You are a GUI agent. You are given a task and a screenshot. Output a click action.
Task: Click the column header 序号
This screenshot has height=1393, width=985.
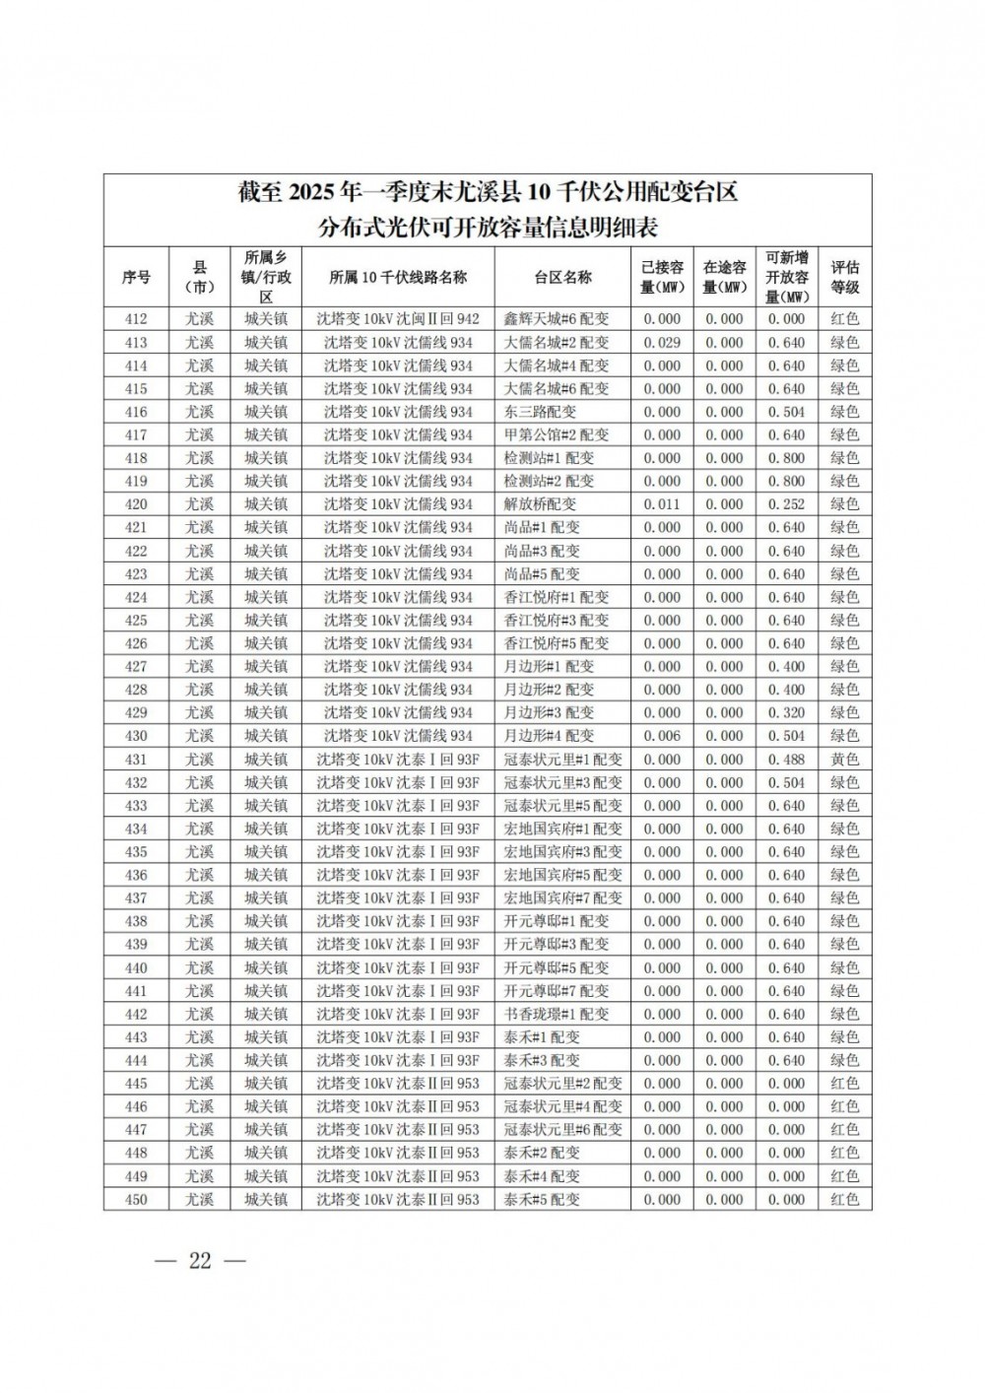click(x=136, y=277)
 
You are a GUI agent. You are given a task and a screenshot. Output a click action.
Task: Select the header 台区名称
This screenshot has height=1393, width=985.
click(x=562, y=277)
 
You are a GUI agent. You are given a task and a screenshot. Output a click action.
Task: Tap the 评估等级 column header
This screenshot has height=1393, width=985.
click(x=844, y=277)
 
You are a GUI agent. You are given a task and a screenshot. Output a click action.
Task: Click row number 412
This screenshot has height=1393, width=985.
click(x=136, y=319)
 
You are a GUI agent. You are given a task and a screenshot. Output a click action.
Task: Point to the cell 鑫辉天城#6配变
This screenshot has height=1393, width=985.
click(x=557, y=319)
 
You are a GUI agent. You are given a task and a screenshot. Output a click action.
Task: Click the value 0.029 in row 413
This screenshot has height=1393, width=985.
click(x=662, y=343)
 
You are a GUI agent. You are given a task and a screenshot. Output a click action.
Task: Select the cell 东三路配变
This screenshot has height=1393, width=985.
click(x=540, y=412)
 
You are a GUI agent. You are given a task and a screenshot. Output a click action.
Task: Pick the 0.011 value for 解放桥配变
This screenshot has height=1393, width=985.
click(x=662, y=504)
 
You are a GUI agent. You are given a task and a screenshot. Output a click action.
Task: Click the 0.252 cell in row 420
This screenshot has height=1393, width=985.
click(x=786, y=504)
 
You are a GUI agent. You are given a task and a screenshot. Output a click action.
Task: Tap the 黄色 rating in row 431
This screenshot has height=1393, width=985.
click(x=844, y=760)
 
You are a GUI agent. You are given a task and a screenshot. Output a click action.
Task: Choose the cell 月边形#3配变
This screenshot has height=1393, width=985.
click(x=549, y=713)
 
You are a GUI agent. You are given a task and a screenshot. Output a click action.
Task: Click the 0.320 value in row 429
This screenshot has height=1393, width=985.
click(x=786, y=713)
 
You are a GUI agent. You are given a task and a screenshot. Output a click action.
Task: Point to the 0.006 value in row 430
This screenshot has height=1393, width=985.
click(x=662, y=736)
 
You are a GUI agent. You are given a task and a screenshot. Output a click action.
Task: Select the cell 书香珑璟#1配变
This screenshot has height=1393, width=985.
click(x=557, y=1014)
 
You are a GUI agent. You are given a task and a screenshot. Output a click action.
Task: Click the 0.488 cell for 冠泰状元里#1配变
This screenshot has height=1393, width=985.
click(x=786, y=760)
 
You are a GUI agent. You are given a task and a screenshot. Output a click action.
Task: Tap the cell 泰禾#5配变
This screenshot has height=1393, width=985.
click(x=542, y=1199)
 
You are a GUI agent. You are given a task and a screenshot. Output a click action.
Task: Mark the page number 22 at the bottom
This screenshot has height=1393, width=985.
click(x=200, y=1261)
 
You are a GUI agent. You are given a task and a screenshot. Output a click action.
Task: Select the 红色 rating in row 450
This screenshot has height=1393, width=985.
click(x=844, y=1199)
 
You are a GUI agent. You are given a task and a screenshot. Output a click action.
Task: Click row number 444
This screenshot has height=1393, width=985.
click(x=136, y=1060)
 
